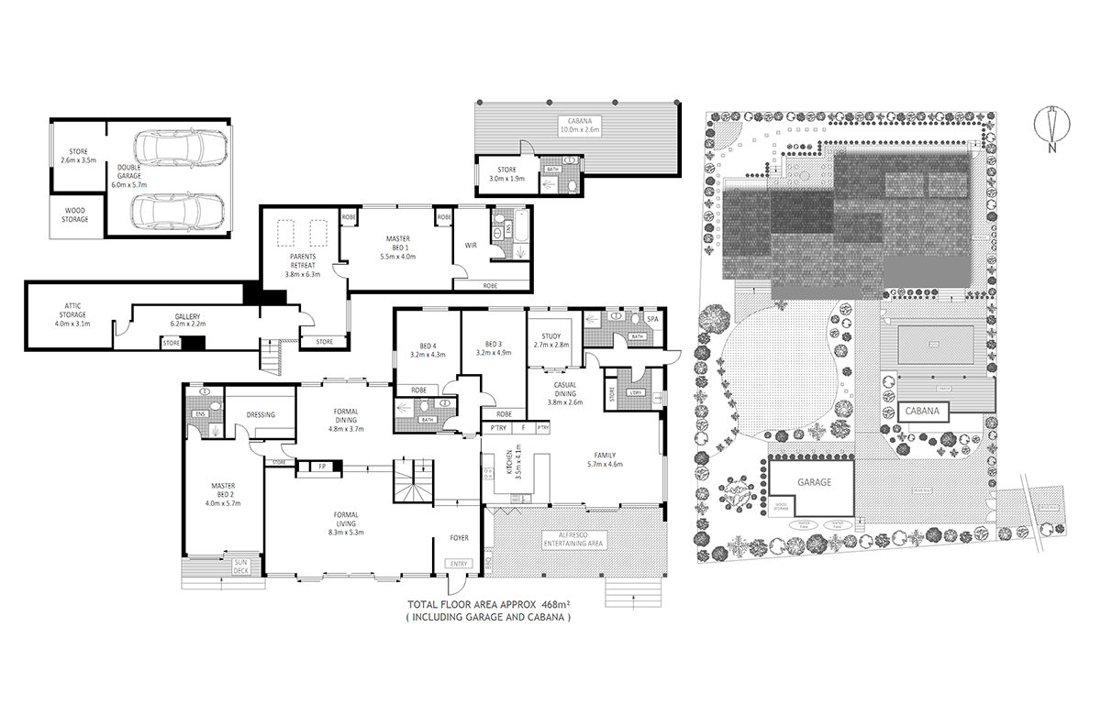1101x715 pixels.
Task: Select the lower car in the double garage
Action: click(180, 212)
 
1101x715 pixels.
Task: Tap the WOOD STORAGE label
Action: click(75, 215)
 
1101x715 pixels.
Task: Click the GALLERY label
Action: click(186, 315)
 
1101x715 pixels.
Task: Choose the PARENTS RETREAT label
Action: click(302, 260)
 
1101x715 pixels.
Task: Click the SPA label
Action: click(653, 319)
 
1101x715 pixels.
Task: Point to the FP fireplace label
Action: click(322, 467)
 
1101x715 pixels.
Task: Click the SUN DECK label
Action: click(240, 566)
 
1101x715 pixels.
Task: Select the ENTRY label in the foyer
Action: click(459, 564)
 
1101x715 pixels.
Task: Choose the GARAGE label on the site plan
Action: click(813, 483)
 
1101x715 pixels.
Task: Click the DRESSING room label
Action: click(261, 414)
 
